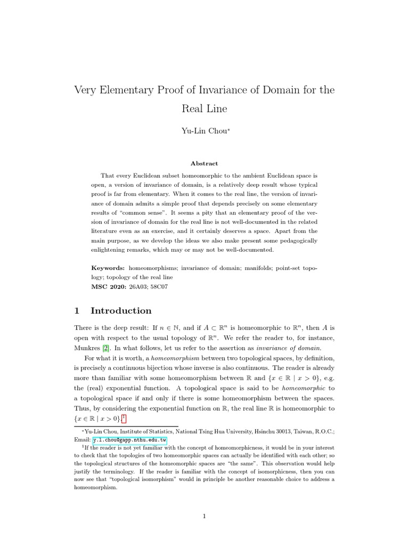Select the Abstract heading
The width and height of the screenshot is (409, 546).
click(x=204, y=164)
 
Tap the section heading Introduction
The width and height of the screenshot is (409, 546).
click(x=121, y=310)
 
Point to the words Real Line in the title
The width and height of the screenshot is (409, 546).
click(x=204, y=109)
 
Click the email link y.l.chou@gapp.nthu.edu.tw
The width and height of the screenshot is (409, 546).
click(x=129, y=440)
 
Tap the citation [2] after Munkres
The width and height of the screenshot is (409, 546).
click(x=105, y=348)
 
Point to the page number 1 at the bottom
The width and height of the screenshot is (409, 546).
click(x=204, y=516)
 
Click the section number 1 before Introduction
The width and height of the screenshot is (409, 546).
click(x=77, y=310)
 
